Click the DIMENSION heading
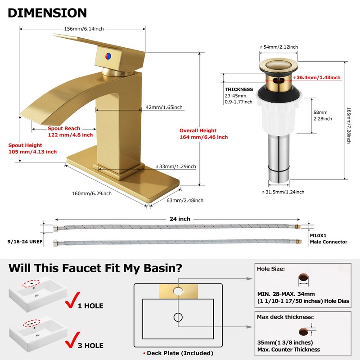47,13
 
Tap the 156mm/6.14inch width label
84,29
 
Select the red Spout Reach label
70,132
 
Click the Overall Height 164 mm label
203,134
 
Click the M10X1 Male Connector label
328,238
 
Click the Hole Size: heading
271,269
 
